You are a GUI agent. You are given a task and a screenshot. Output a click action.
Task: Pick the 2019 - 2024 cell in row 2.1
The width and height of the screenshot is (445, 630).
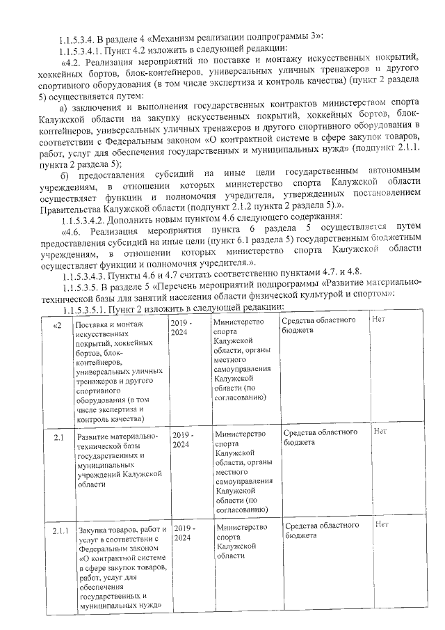pos(182,439)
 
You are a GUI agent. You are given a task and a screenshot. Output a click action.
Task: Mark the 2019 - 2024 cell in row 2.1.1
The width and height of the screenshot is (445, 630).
pos(183,533)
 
